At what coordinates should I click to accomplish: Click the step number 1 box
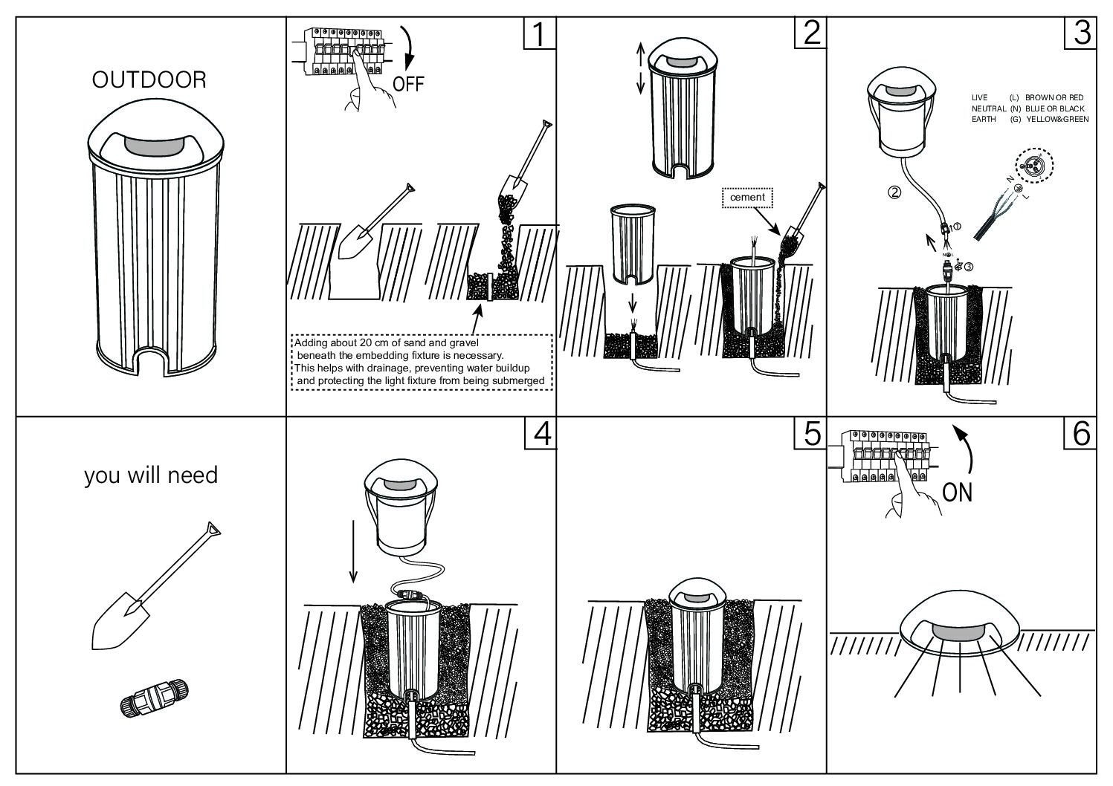pyautogui.click(x=540, y=33)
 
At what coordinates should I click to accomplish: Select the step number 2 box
pyautogui.click(x=810, y=33)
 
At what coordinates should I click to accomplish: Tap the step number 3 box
pyautogui.click(x=1080, y=33)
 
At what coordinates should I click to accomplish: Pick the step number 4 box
pyautogui.click(x=540, y=434)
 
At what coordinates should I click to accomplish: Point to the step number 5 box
pyautogui.click(x=810, y=434)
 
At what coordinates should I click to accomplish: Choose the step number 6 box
pyautogui.click(x=1080, y=434)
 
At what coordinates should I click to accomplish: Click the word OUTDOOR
pyautogui.click(x=149, y=80)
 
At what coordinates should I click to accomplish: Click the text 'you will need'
pyautogui.click(x=151, y=475)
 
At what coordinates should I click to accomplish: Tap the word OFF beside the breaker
pyautogui.click(x=408, y=83)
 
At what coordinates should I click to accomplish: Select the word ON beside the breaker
pyautogui.click(x=957, y=492)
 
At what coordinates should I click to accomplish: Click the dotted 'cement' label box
pyautogui.click(x=747, y=198)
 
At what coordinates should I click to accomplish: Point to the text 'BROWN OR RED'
pyautogui.click(x=1054, y=97)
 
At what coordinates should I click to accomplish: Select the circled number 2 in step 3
pyautogui.click(x=895, y=192)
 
